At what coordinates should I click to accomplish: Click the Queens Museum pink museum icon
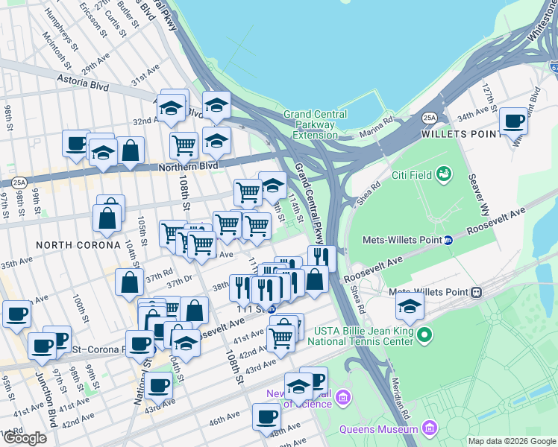[x=429, y=428]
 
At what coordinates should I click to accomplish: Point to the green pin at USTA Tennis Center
[x=424, y=335]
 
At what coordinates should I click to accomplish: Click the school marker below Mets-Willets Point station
[x=410, y=305]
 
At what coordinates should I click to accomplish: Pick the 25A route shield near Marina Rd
[x=429, y=118]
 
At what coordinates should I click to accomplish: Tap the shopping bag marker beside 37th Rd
[x=130, y=282]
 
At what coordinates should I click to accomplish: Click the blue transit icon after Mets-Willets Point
[x=448, y=240]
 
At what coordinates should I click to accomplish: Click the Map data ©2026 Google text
[x=511, y=441]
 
